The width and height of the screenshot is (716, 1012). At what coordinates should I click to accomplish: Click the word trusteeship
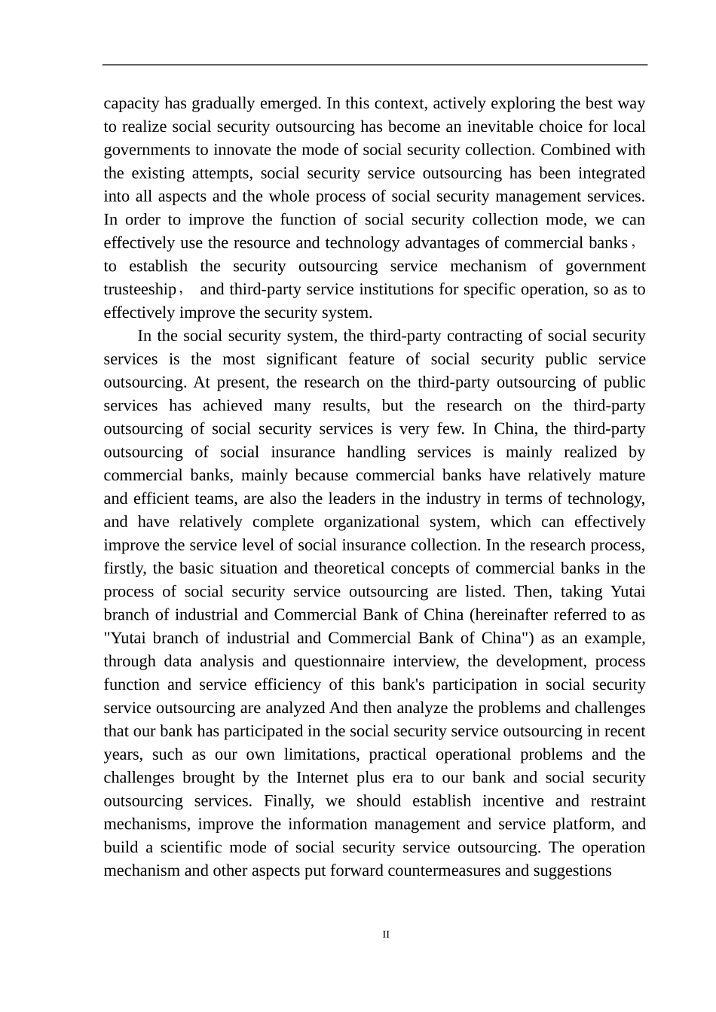point(139,290)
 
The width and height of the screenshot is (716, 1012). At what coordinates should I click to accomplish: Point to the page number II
point(386,935)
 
